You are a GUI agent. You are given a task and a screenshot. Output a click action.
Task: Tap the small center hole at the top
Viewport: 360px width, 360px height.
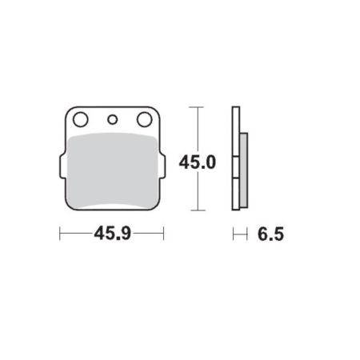tap(113, 121)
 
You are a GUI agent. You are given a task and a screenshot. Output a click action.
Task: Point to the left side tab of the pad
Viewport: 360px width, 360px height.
tap(61, 168)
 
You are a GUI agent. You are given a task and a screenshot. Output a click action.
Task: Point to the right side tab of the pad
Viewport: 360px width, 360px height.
tap(163, 168)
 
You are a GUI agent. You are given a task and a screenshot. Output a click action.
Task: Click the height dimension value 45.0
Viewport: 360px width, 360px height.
tap(197, 162)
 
